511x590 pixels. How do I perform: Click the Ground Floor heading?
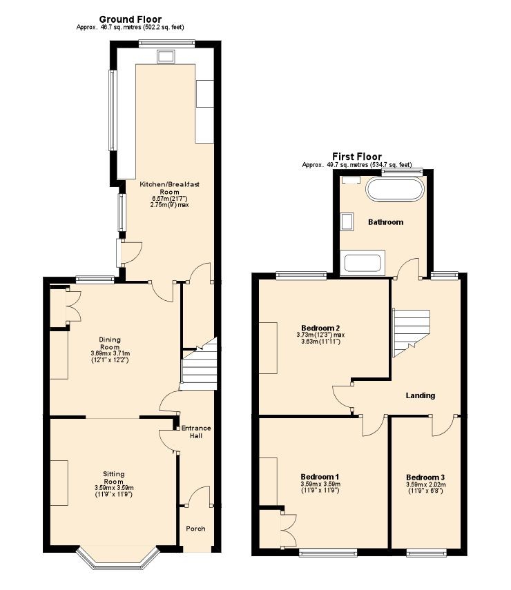131,19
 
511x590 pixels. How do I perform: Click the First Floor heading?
357,157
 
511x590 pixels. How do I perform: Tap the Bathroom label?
385,222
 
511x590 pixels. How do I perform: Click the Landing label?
421,395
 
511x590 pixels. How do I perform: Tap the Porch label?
196,529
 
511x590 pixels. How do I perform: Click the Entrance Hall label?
196,432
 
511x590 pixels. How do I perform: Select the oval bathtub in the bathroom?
396,189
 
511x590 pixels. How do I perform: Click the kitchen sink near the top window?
166,57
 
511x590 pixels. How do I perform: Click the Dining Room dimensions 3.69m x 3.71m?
110,353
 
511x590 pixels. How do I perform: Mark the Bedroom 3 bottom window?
427,553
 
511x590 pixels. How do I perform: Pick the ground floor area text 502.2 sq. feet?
162,27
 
